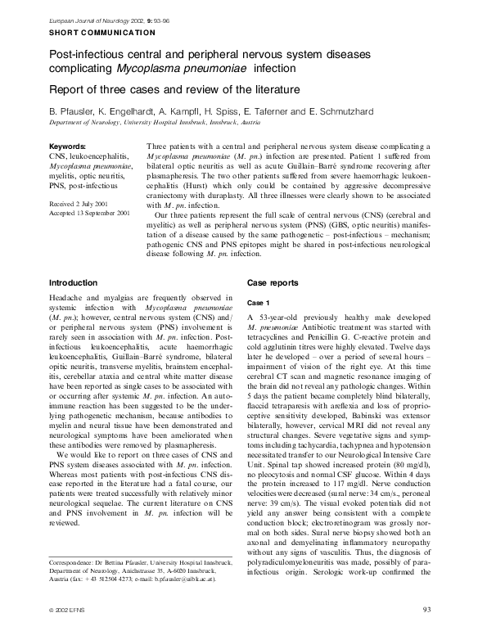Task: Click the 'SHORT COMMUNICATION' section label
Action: click(102, 33)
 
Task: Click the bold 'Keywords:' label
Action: click(69, 146)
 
